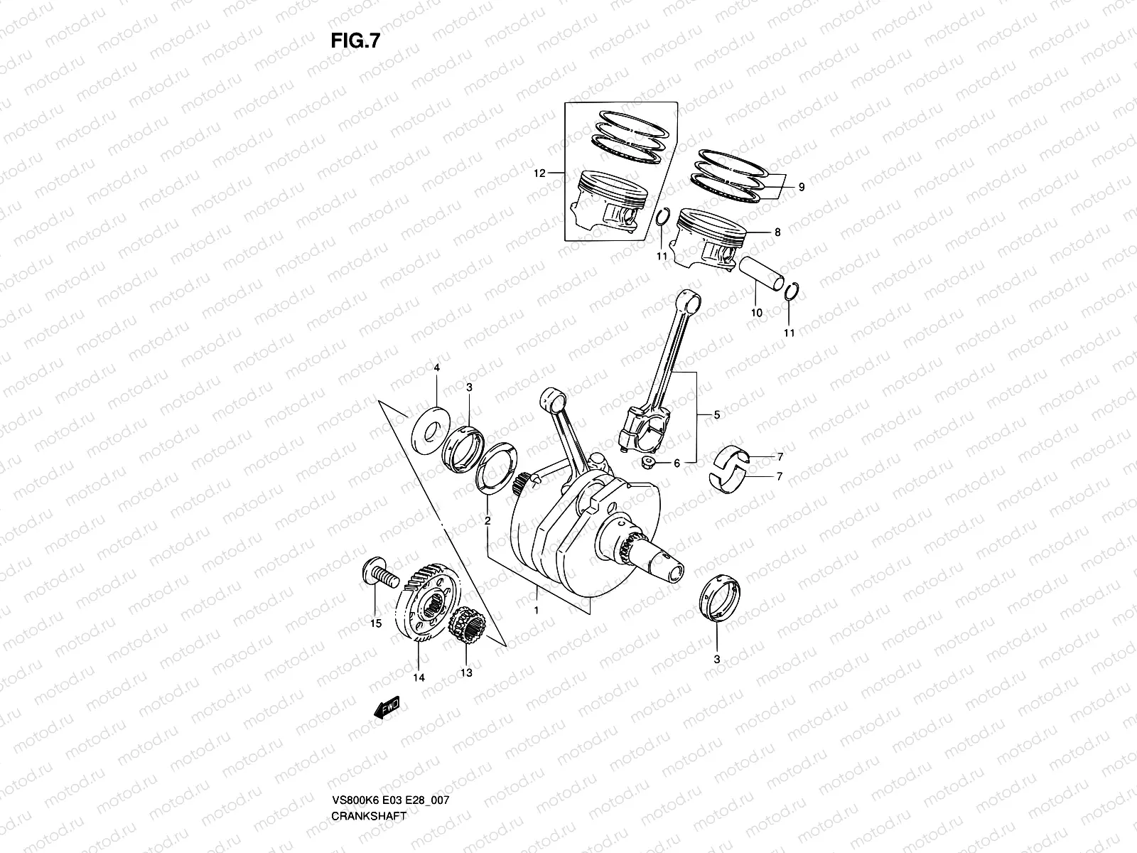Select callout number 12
coord(539,173)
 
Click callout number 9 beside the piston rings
coord(801,188)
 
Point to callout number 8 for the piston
coord(777,232)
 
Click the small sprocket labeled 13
coord(468,626)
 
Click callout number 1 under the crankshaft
coord(537,610)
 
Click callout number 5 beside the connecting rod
coord(716,414)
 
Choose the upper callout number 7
coord(780,456)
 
